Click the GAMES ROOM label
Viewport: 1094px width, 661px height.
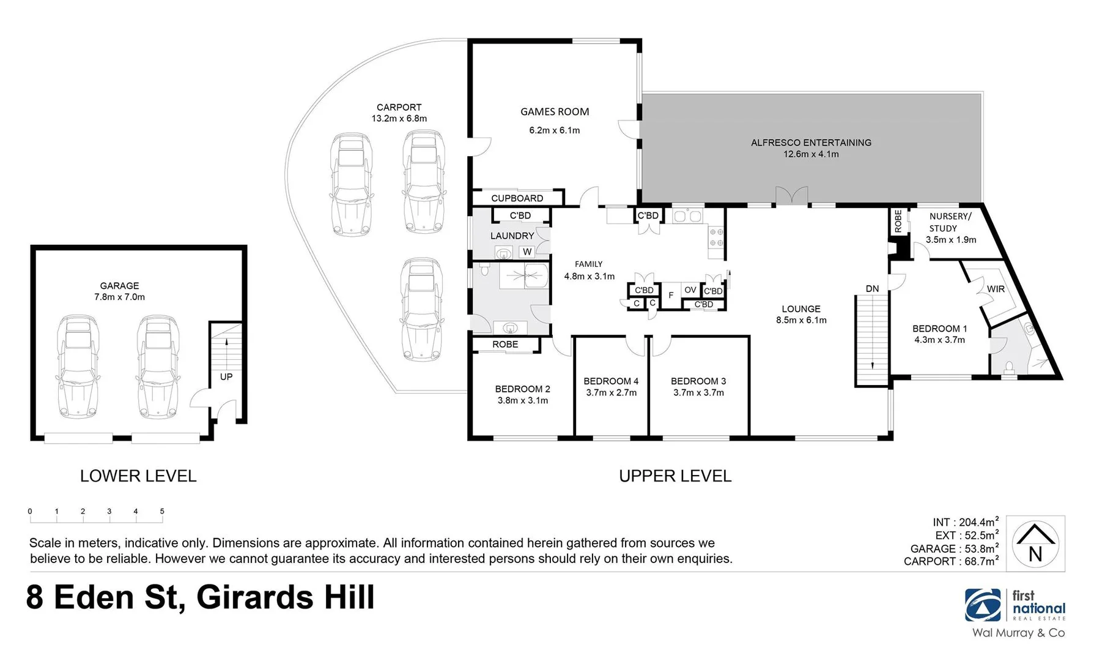555,112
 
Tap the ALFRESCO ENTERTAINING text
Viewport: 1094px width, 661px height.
811,143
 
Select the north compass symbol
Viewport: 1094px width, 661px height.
1035,543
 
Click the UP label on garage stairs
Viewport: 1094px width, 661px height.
226,377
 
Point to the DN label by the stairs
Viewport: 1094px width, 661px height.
872,289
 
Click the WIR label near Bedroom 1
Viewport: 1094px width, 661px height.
996,289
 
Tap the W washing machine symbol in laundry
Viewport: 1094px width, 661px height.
527,252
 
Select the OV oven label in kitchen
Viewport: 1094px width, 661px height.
690,290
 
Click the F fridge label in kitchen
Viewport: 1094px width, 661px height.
671,296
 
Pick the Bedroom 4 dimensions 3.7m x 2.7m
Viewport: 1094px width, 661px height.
611,393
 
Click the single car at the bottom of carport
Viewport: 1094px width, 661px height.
421,309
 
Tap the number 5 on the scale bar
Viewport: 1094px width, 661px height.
162,511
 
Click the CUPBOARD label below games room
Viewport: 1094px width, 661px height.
517,198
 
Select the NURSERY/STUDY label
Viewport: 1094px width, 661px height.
949,222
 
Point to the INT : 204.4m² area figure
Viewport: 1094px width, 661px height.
965,522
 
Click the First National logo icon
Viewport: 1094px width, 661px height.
983,605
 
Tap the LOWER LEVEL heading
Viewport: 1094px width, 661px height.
138,476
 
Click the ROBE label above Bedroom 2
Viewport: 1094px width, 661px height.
505,345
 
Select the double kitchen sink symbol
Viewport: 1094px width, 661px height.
687,216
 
